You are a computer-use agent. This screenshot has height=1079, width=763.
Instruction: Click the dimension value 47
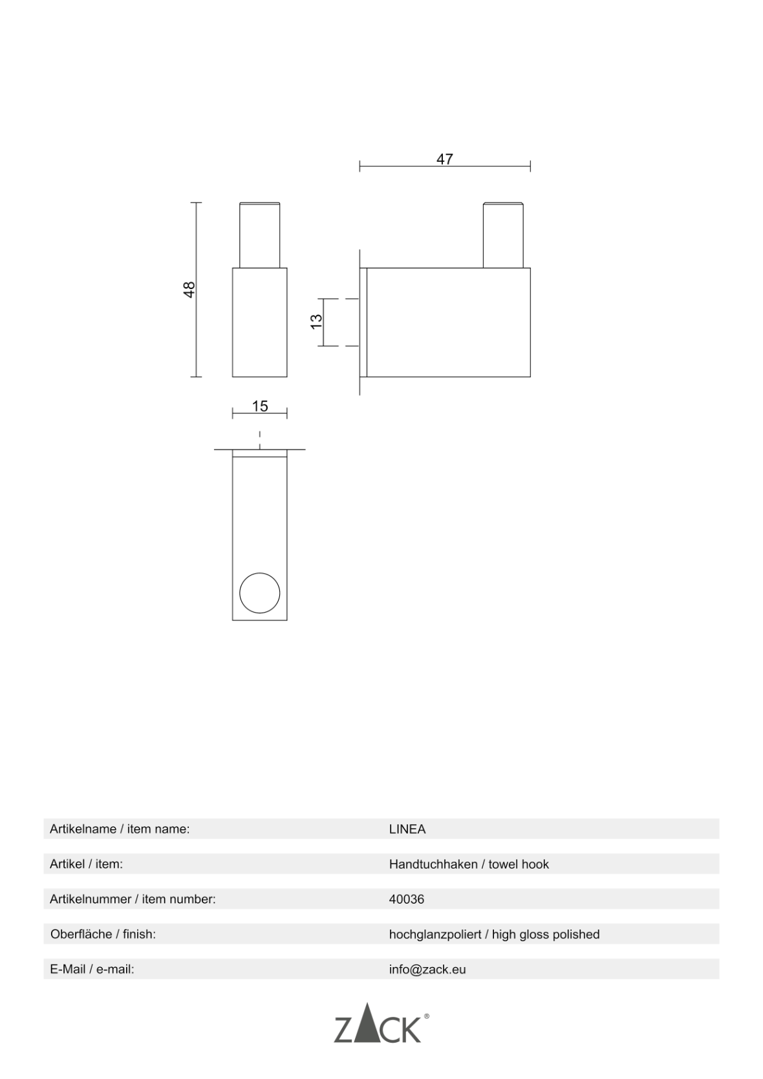coord(444,159)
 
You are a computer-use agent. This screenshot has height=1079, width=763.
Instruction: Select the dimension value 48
coord(189,290)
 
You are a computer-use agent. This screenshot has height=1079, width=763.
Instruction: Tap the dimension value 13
coord(316,322)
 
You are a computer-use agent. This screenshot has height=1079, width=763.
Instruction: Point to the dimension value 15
coord(260,406)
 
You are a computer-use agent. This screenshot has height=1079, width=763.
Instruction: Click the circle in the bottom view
coord(260,593)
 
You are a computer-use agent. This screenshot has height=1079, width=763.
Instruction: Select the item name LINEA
coord(407,829)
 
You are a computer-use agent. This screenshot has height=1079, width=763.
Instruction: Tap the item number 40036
coord(406,899)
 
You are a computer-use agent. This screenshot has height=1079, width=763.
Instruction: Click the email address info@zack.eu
coord(427,970)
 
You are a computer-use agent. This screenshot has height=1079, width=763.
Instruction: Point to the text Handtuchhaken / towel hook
coord(469,864)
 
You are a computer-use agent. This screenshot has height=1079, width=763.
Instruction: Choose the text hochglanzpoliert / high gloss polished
coord(495,935)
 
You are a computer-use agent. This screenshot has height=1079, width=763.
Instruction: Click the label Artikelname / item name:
coord(120,829)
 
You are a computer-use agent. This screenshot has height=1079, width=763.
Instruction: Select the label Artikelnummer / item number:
coord(133,899)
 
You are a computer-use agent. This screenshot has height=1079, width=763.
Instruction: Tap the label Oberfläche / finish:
coord(103,935)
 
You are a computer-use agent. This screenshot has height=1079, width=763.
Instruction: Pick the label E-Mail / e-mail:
coord(92,970)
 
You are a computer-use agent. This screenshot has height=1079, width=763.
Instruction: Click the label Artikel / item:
coord(86,864)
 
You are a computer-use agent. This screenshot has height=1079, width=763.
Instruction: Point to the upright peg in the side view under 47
coord(503,235)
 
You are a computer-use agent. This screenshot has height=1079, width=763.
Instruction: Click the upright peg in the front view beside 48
coord(260,235)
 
